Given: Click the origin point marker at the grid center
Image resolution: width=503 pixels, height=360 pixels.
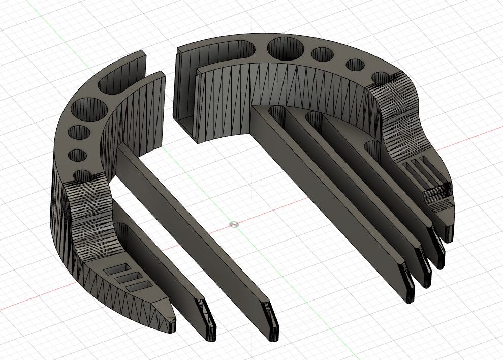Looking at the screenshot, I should coord(234,224).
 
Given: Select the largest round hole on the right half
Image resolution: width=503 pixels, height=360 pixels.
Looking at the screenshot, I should coord(286,48).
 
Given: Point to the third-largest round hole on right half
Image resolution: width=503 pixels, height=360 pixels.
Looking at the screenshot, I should coord(355,65).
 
